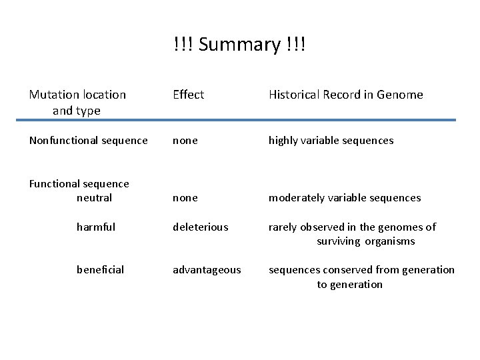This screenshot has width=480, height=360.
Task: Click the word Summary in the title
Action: (239, 45)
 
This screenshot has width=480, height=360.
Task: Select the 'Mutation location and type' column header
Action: (77, 102)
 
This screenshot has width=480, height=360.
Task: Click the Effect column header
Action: (188, 95)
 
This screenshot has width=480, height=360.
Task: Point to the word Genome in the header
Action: (400, 95)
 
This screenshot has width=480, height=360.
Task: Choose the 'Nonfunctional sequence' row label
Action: (88, 140)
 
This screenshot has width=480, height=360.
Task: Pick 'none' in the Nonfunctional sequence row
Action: (185, 140)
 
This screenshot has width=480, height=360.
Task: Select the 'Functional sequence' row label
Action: (79, 183)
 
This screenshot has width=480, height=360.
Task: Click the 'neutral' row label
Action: (94, 197)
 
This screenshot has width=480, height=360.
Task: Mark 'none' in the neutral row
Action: (185, 197)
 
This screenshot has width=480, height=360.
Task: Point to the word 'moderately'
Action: (296, 197)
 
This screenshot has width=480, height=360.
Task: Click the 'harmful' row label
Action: (96, 227)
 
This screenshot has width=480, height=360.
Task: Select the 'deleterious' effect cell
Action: (201, 227)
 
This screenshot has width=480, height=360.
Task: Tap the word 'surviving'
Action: (339, 241)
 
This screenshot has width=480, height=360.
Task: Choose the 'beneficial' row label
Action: (100, 269)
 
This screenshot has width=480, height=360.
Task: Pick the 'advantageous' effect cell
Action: (207, 269)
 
